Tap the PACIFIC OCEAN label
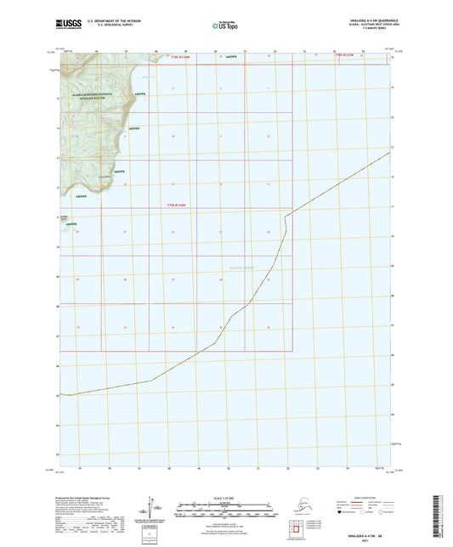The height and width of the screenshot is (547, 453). tap(242, 267)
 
